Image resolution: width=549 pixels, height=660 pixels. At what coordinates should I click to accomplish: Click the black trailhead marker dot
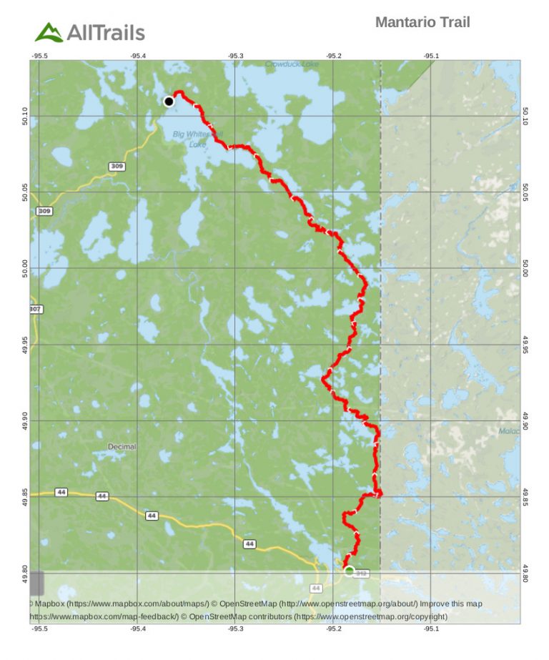(169, 102)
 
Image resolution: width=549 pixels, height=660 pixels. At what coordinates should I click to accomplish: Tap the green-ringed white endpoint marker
(349, 571)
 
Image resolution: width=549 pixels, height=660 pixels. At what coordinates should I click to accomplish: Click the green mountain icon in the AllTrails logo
(49, 32)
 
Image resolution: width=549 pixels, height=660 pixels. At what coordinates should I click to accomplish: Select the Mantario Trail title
(422, 22)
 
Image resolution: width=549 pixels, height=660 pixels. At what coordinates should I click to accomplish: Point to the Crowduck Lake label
(292, 64)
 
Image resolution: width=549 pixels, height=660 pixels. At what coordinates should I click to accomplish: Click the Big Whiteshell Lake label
(198, 139)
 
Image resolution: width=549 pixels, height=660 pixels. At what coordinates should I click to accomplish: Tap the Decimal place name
(122, 447)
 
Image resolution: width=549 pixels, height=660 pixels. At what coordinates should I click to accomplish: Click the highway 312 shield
(362, 573)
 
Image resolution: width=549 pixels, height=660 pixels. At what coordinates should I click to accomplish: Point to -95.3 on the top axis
(235, 56)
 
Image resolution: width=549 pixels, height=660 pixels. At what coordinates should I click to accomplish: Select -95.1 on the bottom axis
(431, 629)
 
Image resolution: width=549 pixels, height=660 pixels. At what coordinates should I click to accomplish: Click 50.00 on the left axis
(24, 268)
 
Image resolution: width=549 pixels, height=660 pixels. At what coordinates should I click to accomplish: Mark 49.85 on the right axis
(525, 496)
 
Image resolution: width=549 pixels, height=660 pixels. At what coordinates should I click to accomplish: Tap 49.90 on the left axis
(24, 420)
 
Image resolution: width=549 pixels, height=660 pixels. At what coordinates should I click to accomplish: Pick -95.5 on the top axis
(39, 56)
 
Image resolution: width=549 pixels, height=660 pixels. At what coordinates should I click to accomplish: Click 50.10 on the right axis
(525, 116)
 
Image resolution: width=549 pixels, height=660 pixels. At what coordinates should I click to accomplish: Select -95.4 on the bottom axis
(137, 629)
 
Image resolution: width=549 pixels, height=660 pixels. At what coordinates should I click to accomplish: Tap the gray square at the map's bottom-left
(36, 583)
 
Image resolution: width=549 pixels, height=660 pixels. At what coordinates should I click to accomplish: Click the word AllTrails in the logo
(106, 32)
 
